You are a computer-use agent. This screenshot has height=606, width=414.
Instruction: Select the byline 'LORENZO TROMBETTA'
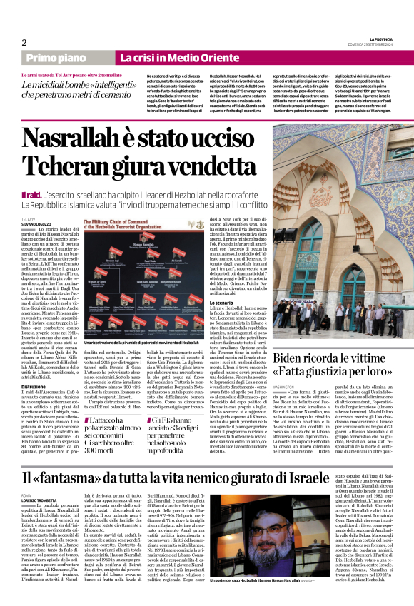(x=40, y=518)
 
